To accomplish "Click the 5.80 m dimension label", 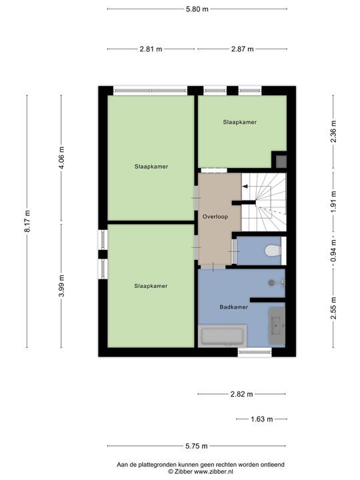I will click(x=197, y=9).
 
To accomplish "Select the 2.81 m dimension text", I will click(x=151, y=49).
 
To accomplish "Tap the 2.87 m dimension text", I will click(x=242, y=49).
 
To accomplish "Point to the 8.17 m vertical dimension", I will click(x=27, y=221).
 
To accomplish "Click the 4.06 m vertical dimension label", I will click(x=62, y=158).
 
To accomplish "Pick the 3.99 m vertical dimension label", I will click(x=62, y=286).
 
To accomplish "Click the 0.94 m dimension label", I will click(x=333, y=251).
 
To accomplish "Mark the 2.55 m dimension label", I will click(x=333, y=307).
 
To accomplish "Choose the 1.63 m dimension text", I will click(x=261, y=419).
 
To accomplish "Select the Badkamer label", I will click(x=234, y=307).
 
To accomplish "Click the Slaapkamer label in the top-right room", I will click(x=240, y=122).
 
